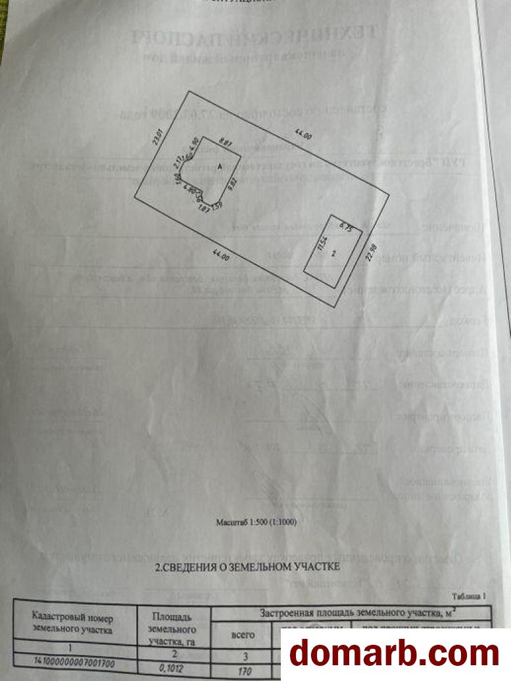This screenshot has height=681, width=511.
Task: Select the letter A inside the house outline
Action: (220, 168)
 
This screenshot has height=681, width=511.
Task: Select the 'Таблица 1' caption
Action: (468, 596)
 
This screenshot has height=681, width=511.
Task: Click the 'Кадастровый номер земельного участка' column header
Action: (72, 624)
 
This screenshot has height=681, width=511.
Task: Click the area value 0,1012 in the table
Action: (172, 667)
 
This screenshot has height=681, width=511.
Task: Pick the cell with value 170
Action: (244, 670)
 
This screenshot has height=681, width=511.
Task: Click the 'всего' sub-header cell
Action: (244, 635)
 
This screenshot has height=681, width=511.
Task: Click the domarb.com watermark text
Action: (395, 653)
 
